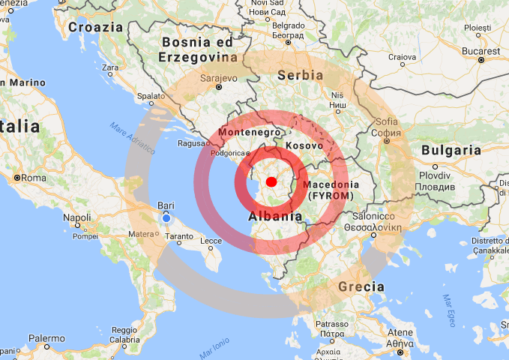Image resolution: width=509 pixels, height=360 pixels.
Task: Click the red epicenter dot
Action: tap(271, 181)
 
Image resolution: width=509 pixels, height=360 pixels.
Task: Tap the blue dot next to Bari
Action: tap(166, 217)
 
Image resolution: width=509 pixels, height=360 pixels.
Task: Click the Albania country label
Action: tap(275, 217)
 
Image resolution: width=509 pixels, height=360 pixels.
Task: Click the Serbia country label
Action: tap(300, 75)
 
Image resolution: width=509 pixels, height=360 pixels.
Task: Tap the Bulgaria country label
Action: tap(451, 150)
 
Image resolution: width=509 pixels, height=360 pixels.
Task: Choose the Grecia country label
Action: tap(361, 286)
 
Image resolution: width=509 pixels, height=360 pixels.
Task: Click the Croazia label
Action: tap(95, 27)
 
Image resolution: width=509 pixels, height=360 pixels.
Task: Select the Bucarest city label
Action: tap(481, 50)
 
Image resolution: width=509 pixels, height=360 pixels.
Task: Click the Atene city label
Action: tap(400, 332)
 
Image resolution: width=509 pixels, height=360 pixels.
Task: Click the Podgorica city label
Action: tap(228, 152)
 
